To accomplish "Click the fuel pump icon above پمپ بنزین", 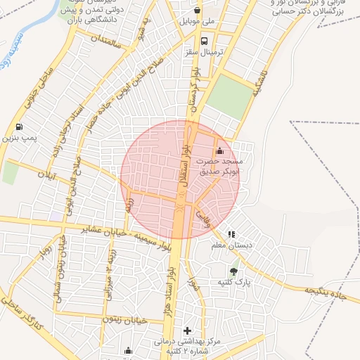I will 18,127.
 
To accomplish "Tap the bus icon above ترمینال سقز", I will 204,41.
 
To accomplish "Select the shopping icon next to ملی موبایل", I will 197,11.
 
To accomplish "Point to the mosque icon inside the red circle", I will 219,150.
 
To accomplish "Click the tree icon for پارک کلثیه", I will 233,271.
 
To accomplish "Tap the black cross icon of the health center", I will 187,330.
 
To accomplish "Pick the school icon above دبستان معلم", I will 231,234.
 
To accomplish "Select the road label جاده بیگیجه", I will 326,293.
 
